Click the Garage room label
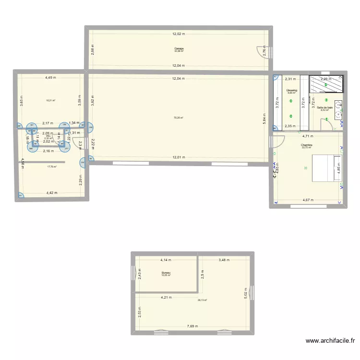[x=179, y=48]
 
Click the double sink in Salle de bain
[x=339, y=110]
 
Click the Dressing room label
[x=291, y=90]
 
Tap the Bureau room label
[x=166, y=273]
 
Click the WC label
[x=48, y=136]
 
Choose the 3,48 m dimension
[x=224, y=260]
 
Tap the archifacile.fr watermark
[x=331, y=341]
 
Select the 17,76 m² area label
[x=52, y=167]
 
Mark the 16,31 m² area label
[x=50, y=100]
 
